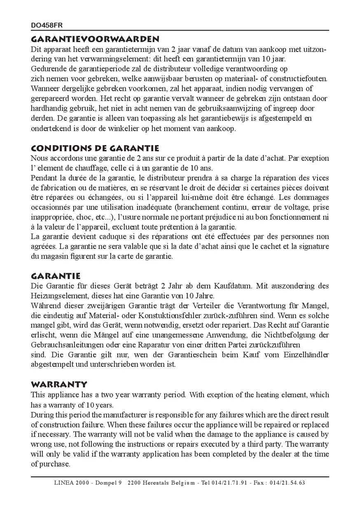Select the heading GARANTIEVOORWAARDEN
(95, 40)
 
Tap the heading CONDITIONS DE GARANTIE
(95, 148)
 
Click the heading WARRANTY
(59, 384)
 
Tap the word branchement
(199, 207)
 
